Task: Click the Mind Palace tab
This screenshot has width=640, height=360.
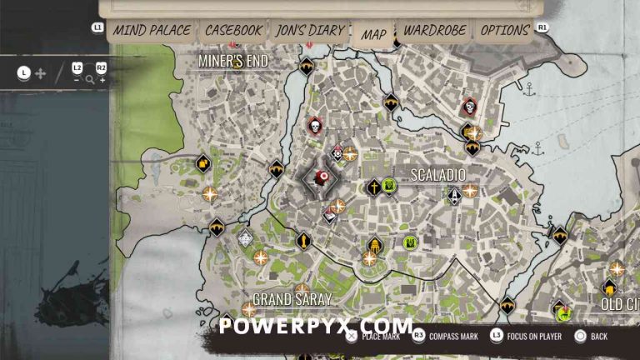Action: (152, 30)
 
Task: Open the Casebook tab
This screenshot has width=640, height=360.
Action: (233, 30)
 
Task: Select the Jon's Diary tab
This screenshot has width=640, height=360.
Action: (309, 30)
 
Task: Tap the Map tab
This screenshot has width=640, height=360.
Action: (373, 34)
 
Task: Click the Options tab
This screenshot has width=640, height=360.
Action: (505, 30)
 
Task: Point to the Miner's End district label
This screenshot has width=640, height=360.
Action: (232, 60)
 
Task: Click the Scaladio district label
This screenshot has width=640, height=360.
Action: (437, 175)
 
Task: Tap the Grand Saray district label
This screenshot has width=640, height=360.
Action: (292, 298)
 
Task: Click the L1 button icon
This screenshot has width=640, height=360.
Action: (97, 27)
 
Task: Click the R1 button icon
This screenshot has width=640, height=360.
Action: (542, 27)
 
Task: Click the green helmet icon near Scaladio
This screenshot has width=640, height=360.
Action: (410, 242)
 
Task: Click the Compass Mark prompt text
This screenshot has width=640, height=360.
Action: (453, 337)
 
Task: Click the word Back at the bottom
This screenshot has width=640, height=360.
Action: (598, 337)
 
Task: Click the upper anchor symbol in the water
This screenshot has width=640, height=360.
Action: (528, 87)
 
